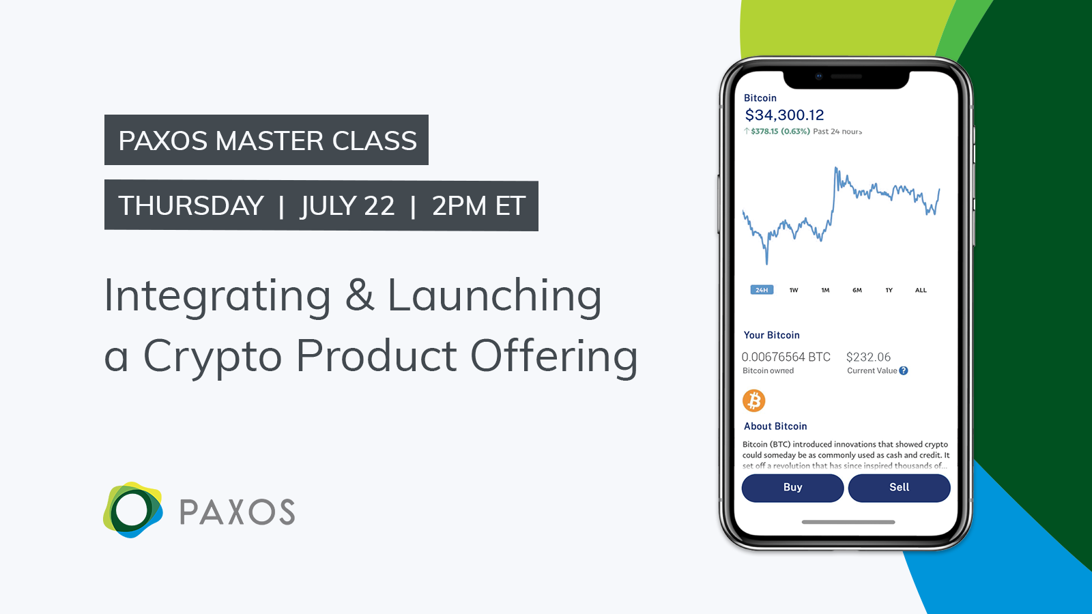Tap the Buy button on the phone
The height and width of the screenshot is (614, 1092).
click(792, 488)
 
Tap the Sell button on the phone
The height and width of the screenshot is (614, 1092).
click(899, 488)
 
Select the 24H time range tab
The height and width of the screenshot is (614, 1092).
click(762, 290)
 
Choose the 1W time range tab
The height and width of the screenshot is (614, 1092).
click(794, 290)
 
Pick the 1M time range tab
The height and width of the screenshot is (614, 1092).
click(825, 290)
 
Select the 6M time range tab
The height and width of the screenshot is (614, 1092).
click(857, 290)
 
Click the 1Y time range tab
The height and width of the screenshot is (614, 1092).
click(889, 290)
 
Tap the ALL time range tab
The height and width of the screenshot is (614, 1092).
click(921, 290)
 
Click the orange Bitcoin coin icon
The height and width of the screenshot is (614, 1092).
click(754, 400)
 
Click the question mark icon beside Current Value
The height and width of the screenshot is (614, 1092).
click(904, 370)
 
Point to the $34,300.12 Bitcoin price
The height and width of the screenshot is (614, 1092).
click(784, 115)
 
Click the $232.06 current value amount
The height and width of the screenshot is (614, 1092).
click(868, 357)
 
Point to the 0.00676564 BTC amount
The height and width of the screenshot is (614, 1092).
click(786, 357)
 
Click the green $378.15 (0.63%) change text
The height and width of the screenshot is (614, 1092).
click(780, 132)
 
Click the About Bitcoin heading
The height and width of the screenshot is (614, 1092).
click(775, 426)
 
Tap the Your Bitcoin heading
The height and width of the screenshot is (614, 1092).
click(771, 335)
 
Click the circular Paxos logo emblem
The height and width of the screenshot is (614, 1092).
click(132, 510)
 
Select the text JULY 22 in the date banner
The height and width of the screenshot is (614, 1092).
click(347, 206)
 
